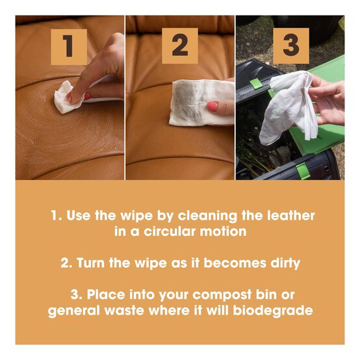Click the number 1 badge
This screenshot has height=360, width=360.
pyautogui.click(x=69, y=45)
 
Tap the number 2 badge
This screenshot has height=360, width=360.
pyautogui.click(x=179, y=45)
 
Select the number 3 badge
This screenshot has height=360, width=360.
pyautogui.click(x=290, y=45)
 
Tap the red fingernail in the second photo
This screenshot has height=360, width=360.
pyautogui.click(x=212, y=106)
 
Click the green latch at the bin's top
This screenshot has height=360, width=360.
pyautogui.click(x=257, y=84)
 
